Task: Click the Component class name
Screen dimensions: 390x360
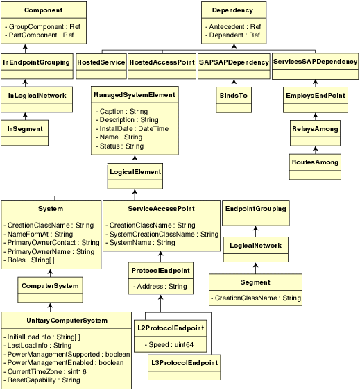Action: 43,11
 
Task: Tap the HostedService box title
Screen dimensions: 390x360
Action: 101,62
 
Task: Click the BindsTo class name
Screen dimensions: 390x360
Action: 234,95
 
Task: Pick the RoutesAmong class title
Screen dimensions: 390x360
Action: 315,162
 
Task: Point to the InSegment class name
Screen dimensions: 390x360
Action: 25,128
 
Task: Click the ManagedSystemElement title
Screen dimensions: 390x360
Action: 134,94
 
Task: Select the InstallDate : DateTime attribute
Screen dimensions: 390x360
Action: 135,128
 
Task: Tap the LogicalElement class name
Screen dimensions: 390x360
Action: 135,171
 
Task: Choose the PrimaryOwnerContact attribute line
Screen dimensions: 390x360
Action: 53,243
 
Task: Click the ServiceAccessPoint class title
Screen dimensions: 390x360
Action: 161,208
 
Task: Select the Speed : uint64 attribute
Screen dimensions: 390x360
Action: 170,344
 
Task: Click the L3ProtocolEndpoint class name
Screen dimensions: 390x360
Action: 185,362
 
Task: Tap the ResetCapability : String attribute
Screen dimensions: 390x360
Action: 43,380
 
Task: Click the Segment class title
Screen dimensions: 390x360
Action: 255,282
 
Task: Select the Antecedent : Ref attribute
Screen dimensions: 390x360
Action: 234,26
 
